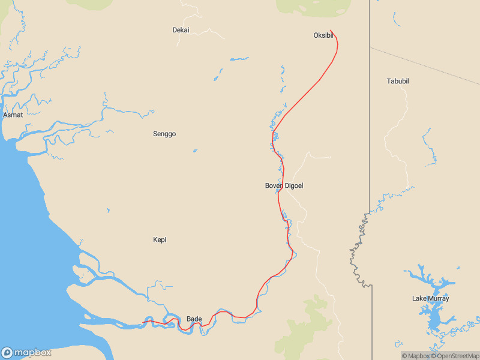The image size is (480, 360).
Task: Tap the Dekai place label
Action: [181, 30]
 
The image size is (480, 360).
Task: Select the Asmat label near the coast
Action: [13, 115]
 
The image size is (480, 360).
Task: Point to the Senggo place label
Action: [164, 134]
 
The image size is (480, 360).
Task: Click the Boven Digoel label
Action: [284, 186]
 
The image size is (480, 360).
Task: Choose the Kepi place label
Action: [160, 240]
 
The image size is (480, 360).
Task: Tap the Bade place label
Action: [194, 319]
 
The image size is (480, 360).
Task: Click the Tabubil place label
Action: [398, 81]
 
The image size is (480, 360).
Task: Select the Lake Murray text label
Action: [430, 298]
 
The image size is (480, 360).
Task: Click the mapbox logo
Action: [26, 353]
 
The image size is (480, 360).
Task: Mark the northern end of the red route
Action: [331, 31]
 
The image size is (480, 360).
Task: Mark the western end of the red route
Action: [143, 323]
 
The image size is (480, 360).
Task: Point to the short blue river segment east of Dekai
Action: [239, 59]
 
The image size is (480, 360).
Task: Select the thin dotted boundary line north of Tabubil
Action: [426, 65]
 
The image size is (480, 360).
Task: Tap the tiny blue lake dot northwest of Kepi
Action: [108, 210]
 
